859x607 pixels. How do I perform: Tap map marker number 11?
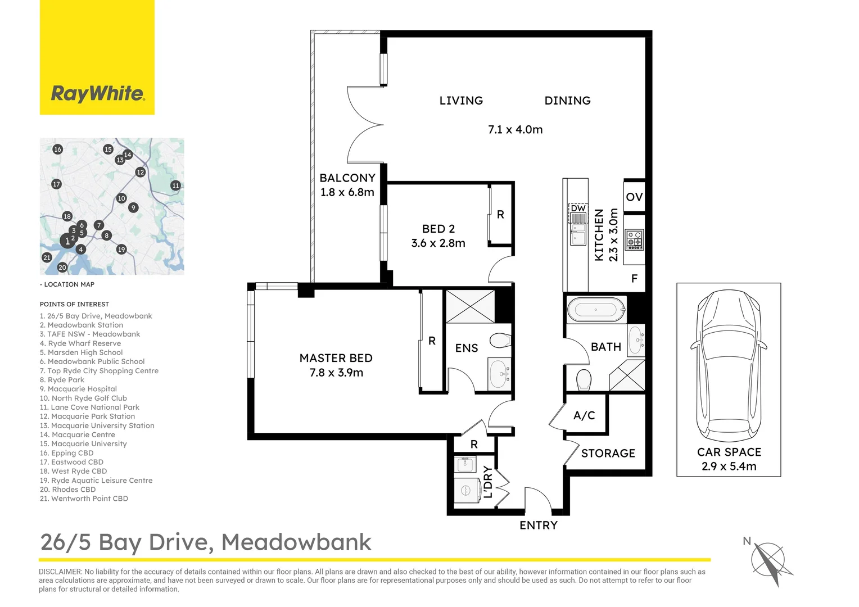pos(175,185)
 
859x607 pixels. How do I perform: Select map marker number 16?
pos(57,149)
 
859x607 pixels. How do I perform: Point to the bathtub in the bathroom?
pos(596,310)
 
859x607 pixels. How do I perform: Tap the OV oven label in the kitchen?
pos(634,197)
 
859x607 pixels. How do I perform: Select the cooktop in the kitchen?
pos(634,239)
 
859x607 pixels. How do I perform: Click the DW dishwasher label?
pos(578,208)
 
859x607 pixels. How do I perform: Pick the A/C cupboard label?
pos(584,415)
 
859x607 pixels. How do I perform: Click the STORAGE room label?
pos(608,453)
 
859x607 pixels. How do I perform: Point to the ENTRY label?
pos(539,526)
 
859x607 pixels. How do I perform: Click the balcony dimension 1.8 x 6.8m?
pos(347,192)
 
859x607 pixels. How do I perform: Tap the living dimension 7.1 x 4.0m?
pos(515,130)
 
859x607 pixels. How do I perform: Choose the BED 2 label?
pos(438,229)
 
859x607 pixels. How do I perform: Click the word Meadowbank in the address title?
pos(296,542)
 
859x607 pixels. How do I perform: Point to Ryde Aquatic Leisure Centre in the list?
pos(96,480)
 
